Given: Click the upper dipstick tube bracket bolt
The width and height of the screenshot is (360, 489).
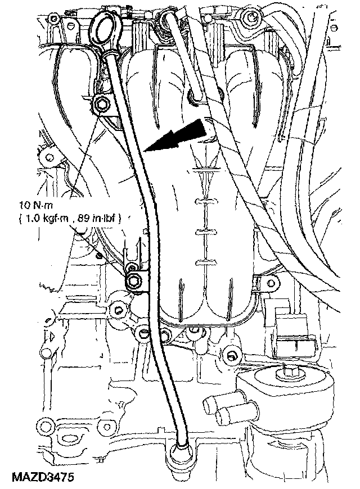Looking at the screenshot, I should pyautogui.click(x=102, y=104).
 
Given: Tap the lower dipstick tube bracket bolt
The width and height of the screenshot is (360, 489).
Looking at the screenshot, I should pyautogui.click(x=136, y=282).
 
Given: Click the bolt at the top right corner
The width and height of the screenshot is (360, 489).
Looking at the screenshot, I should pyautogui.click(x=248, y=20).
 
